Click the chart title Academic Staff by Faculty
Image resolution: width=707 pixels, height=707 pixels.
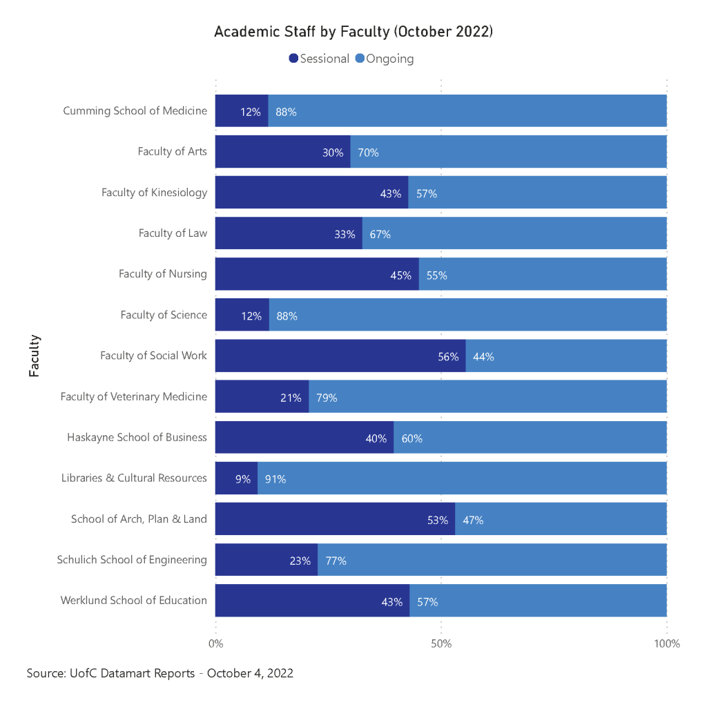[x=353, y=32]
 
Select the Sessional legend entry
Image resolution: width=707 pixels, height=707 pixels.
[x=320, y=59]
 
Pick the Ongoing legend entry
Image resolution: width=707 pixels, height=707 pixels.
[x=385, y=59]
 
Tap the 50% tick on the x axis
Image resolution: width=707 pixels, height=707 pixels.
[x=441, y=644]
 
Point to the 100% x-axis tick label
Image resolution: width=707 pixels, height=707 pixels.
[x=667, y=644]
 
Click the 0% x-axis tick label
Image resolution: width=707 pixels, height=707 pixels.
[x=216, y=644]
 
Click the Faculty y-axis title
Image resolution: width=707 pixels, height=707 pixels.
[x=35, y=356]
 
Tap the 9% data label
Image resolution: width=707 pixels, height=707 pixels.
[x=242, y=479]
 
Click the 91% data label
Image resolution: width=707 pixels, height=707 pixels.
[x=275, y=479]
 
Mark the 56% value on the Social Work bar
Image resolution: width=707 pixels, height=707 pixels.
[x=448, y=357]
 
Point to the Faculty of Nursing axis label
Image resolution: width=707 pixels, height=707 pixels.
[x=163, y=274]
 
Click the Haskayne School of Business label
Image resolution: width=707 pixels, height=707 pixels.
[x=137, y=437]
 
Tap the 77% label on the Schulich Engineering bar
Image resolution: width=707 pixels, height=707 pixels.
[x=336, y=561]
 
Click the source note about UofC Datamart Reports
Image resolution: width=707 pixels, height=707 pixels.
[x=160, y=673]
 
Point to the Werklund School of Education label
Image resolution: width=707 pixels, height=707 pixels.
[x=134, y=600]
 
